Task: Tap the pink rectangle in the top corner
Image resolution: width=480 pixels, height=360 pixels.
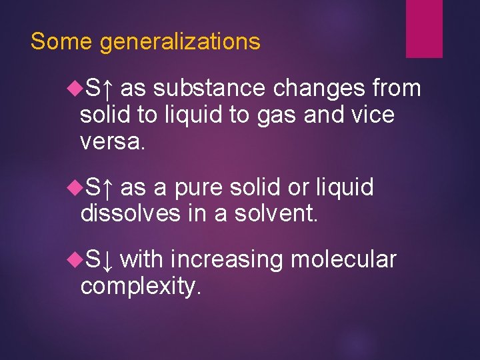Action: click(424, 27)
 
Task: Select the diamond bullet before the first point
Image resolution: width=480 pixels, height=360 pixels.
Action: click(74, 87)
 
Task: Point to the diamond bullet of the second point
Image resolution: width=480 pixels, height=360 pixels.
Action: click(74, 187)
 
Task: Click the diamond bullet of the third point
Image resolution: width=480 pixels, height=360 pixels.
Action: click(74, 259)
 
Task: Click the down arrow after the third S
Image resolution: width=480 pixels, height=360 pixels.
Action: click(107, 259)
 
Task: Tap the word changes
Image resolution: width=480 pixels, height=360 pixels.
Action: click(321, 89)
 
